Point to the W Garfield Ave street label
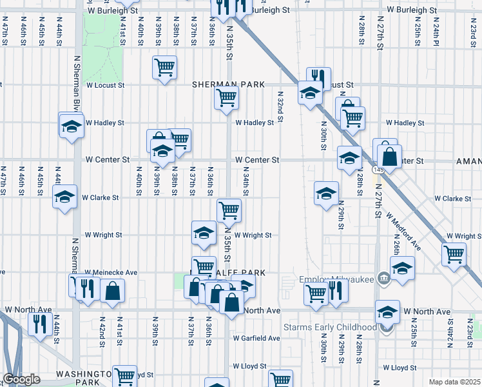[x=256, y=338]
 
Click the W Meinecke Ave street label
[x=111, y=273]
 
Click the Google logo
[x=21, y=379]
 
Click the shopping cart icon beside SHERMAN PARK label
[x=227, y=98]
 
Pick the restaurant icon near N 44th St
[x=40, y=323]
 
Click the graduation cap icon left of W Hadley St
[x=71, y=125]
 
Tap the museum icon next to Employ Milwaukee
[x=384, y=279]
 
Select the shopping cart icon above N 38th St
[x=179, y=139]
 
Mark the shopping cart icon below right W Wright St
[x=454, y=254]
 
